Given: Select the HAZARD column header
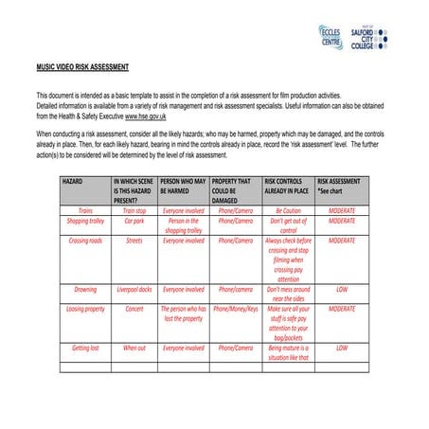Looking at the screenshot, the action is click(x=74, y=180).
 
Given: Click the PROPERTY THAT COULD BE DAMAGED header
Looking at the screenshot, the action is click(x=234, y=189).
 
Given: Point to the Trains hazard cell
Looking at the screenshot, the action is click(x=85, y=209).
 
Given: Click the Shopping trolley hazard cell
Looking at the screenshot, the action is click(x=85, y=220).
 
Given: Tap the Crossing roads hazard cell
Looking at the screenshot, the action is click(x=85, y=241).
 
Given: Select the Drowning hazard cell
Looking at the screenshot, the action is click(x=85, y=289).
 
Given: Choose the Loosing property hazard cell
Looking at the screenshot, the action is click(x=85, y=309).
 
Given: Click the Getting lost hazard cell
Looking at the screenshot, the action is click(x=85, y=348).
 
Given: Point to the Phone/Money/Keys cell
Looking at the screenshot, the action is click(x=235, y=309).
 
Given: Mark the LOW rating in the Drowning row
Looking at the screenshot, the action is click(x=342, y=289).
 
